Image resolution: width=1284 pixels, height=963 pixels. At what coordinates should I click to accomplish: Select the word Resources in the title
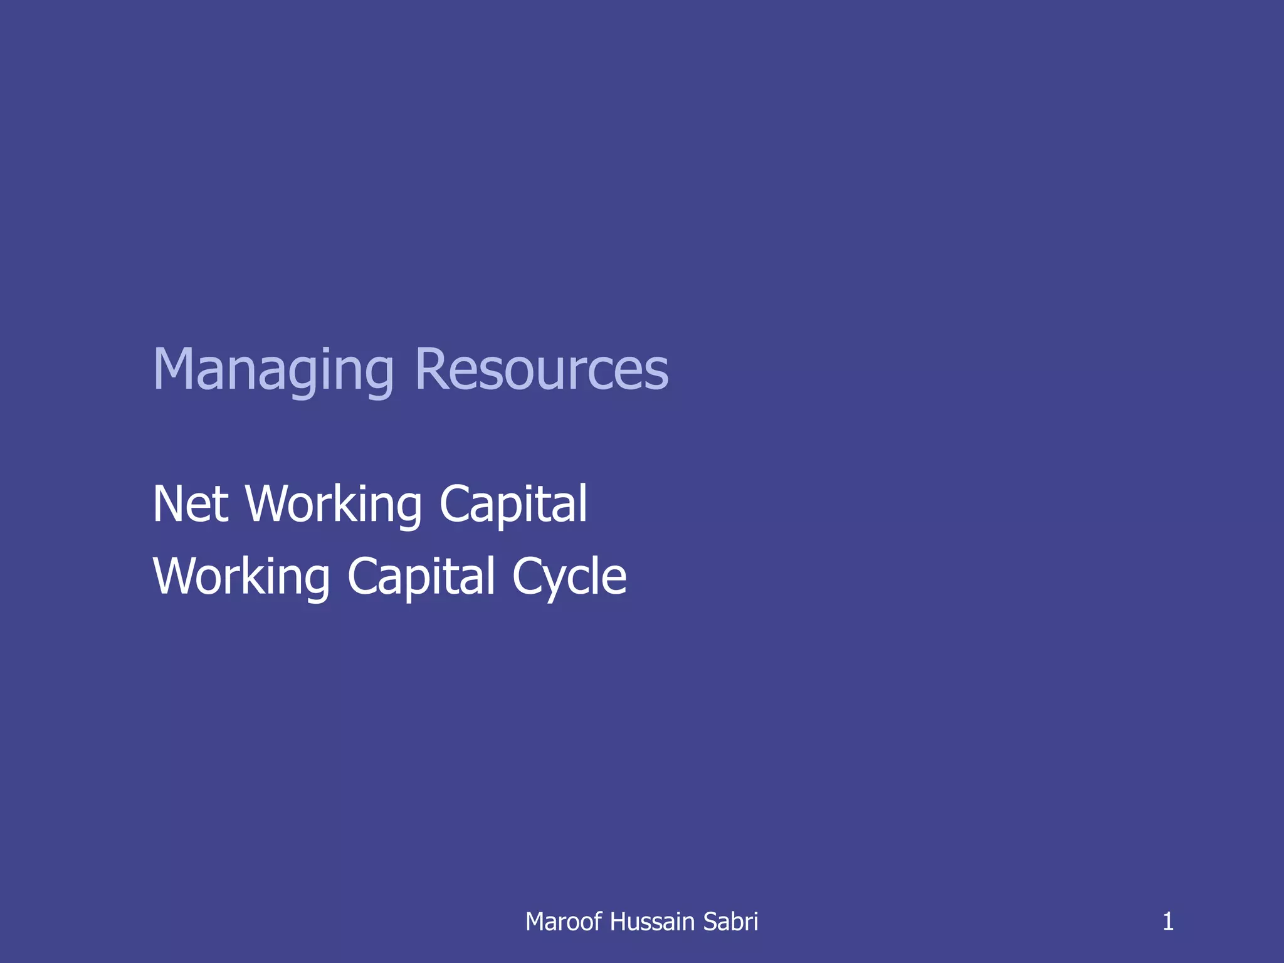pos(542,370)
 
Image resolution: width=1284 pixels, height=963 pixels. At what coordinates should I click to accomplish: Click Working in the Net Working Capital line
pos(334,505)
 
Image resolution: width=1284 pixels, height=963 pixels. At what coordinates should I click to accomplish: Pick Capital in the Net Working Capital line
pos(513,505)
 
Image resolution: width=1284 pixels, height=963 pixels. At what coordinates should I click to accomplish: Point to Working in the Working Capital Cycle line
pos(241,577)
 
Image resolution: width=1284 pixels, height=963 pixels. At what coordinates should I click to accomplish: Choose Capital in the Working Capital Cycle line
pos(421,577)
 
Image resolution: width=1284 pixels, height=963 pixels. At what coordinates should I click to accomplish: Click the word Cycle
pos(569,577)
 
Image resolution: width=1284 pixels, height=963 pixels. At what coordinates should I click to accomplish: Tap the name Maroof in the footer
pos(563,922)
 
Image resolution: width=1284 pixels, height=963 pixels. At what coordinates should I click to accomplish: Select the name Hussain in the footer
pos(652,922)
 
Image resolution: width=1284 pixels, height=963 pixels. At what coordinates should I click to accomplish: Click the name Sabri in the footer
pos(730,922)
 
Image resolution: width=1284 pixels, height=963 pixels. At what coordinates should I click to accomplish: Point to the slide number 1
pos(1168,922)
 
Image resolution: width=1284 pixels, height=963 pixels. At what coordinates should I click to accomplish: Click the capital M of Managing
pos(174,370)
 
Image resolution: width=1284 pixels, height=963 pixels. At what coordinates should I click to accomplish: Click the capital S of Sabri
pos(710,922)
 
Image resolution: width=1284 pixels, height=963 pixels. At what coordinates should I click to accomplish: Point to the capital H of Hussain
pos(617,922)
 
